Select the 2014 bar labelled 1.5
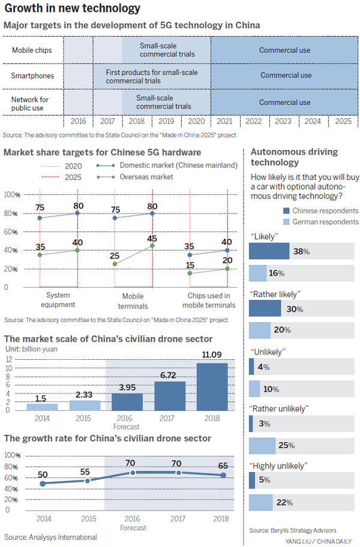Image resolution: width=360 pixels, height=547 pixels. click(x=41, y=407)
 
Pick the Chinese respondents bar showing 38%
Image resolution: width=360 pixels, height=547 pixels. click(x=269, y=251)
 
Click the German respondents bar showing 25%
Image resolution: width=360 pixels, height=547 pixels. click(x=262, y=446)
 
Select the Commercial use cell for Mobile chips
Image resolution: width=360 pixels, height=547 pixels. click(x=284, y=50)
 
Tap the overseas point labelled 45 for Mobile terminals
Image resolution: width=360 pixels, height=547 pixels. click(x=152, y=245)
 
